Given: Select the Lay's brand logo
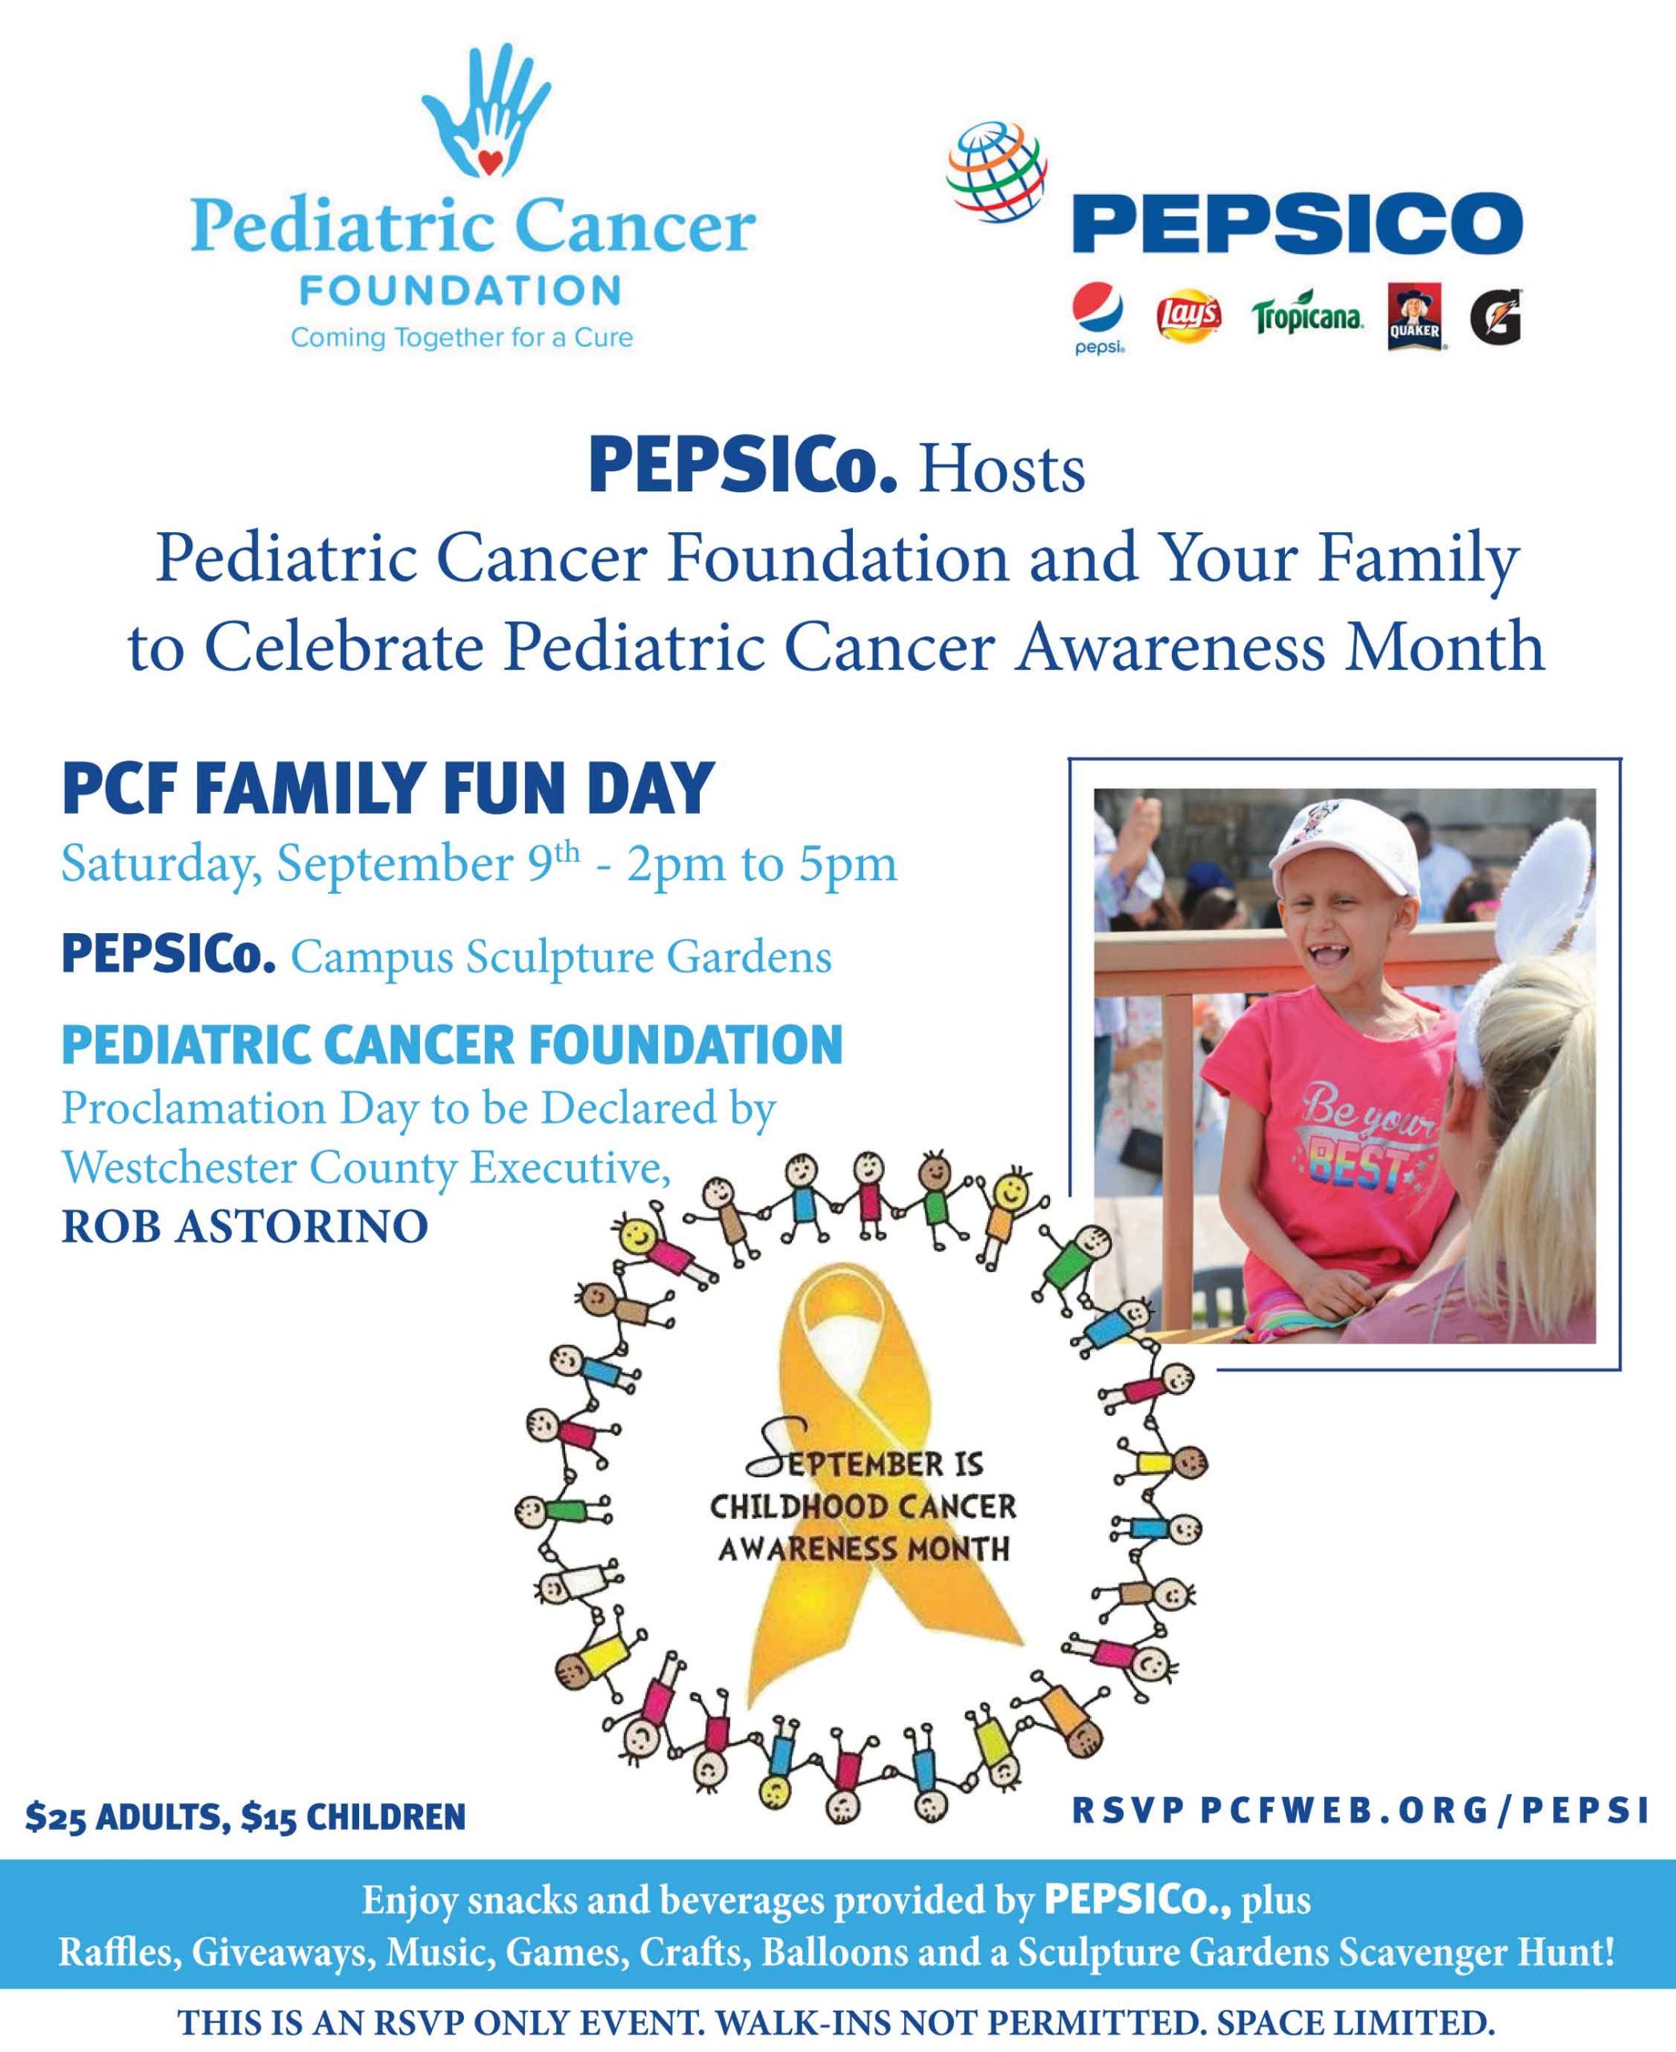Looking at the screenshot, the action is click(1189, 315).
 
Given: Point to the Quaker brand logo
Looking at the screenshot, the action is click(1416, 316).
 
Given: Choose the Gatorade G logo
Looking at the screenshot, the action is click(1496, 317).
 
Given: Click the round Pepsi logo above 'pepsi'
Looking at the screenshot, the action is click(1098, 312).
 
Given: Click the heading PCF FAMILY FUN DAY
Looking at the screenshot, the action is click(388, 789).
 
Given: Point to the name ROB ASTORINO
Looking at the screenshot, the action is click(245, 1226).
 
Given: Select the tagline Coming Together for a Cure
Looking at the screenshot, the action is click(462, 338).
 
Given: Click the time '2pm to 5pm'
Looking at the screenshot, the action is click(761, 864).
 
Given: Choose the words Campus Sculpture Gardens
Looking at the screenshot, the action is click(561, 957).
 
